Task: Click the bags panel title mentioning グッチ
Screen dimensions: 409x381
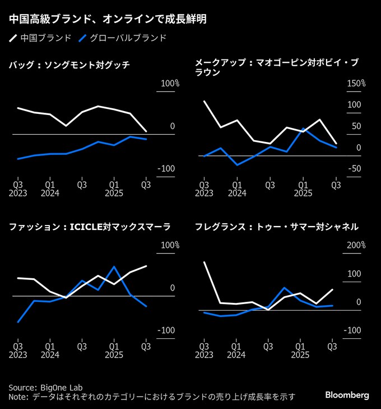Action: [x=69, y=65]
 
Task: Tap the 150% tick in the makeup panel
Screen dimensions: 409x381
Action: [x=356, y=84]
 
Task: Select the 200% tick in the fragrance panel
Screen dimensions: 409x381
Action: [x=356, y=245]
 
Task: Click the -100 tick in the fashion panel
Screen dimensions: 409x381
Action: [x=168, y=330]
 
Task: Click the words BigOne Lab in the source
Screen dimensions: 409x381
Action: [x=63, y=387]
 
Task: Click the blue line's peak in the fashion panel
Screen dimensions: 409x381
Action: [x=114, y=266]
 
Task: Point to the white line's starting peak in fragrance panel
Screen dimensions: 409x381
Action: [x=204, y=262]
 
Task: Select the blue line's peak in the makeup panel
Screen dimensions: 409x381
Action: [x=303, y=128]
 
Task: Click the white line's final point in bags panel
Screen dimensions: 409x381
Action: [x=146, y=131]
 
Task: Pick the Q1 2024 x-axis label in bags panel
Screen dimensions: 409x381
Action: [x=50, y=187]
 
